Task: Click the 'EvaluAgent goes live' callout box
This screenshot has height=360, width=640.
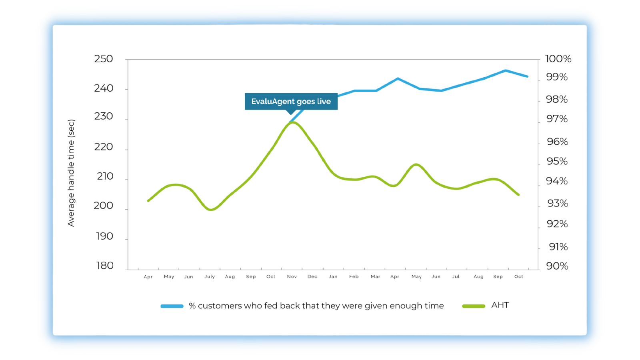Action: click(291, 102)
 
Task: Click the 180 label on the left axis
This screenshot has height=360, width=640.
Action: click(105, 266)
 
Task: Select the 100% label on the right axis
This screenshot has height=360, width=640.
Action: click(558, 59)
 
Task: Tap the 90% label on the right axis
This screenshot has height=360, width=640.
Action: click(557, 266)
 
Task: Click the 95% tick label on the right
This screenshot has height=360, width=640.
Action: click(557, 161)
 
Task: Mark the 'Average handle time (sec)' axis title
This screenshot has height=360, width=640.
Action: click(71, 173)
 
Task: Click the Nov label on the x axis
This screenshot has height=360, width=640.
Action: click(292, 276)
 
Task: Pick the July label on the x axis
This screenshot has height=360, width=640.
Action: click(210, 276)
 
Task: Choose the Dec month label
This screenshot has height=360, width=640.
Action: click(312, 276)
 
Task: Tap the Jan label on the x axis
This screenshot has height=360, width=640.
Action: click(333, 276)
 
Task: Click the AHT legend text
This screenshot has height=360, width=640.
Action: click(500, 305)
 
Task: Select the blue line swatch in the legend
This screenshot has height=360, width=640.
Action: click(172, 306)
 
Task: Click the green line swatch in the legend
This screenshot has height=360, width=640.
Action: click(474, 306)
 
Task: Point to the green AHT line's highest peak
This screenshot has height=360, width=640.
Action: click(293, 122)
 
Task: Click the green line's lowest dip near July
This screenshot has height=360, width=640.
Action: click(211, 210)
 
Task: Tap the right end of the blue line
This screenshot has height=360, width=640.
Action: click(527, 76)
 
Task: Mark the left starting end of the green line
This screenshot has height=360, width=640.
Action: click(148, 201)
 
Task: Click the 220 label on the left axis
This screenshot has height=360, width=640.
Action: click(104, 147)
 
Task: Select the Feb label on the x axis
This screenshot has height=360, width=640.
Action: click(354, 276)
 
